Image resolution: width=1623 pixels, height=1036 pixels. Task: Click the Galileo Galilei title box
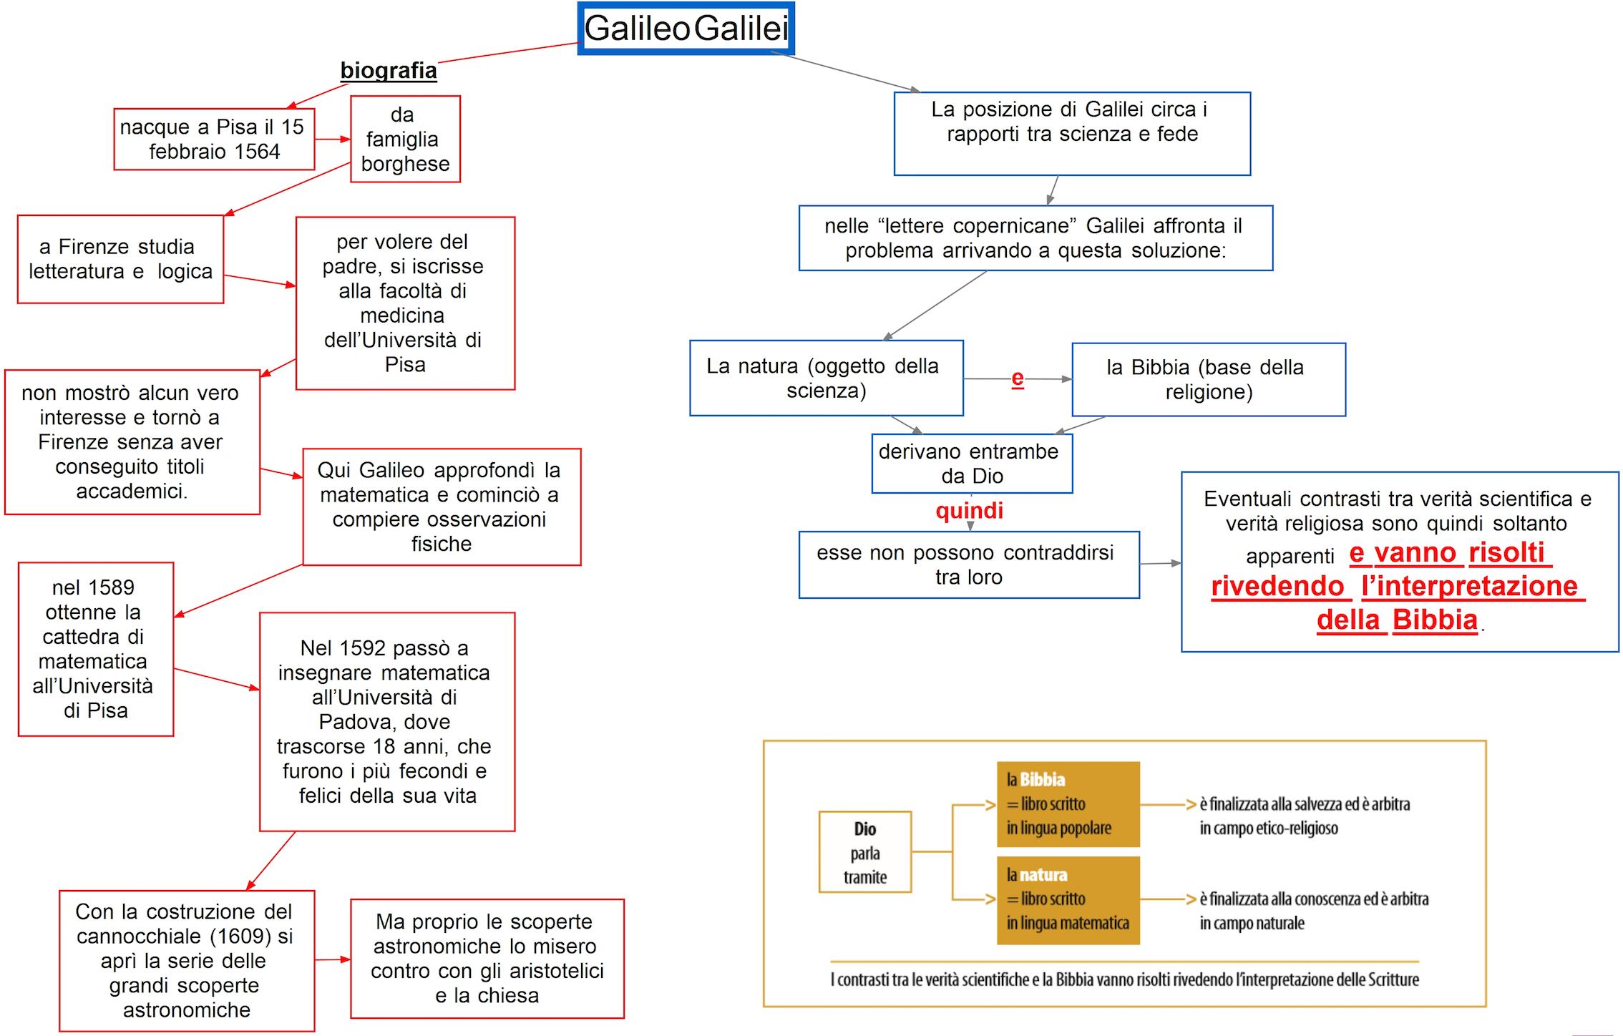[686, 29]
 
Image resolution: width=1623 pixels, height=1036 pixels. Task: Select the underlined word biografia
[388, 71]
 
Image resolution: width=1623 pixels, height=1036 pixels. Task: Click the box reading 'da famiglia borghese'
[405, 139]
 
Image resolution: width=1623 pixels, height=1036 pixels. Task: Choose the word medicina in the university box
[402, 316]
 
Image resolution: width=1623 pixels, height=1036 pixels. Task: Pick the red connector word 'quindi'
[969, 511]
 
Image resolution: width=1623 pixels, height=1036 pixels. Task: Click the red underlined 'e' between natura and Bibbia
[1017, 378]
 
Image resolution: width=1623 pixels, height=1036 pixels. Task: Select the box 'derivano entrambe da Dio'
[971, 464]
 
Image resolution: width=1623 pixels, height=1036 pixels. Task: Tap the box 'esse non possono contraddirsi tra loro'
[968, 565]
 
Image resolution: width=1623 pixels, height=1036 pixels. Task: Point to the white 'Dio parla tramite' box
[864, 852]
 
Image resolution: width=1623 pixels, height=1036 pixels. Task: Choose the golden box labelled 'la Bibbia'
[1067, 804]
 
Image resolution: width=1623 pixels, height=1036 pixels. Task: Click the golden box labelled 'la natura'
[1067, 899]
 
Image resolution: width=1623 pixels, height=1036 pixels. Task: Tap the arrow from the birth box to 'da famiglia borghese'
[332, 140]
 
